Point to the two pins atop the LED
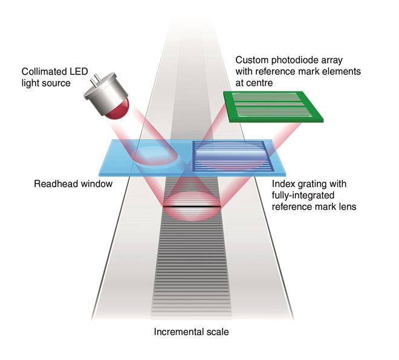(97, 78)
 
